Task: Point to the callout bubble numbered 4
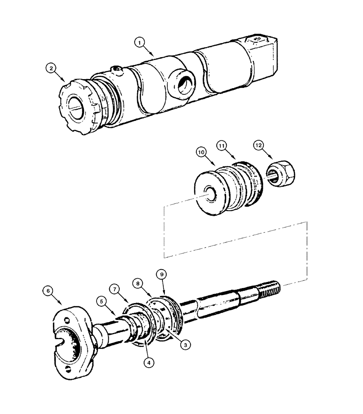(148, 361)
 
